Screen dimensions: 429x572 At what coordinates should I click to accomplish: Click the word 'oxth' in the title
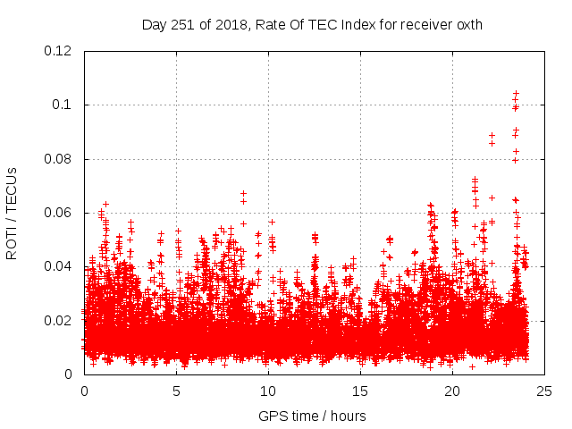[467, 25]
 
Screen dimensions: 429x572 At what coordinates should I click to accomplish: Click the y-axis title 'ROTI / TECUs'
[12, 213]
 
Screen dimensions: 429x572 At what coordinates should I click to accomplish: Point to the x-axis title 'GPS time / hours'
[312, 416]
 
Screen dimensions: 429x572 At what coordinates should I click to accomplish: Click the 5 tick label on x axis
[176, 391]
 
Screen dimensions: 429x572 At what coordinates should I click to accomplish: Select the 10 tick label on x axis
[268, 391]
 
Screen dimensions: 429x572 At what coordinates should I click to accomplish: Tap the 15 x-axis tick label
[360, 391]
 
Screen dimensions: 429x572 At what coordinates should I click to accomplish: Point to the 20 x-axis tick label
[452, 391]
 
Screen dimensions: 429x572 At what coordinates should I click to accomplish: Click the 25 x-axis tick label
[544, 391]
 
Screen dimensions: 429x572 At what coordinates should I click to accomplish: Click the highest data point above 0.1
[516, 93]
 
